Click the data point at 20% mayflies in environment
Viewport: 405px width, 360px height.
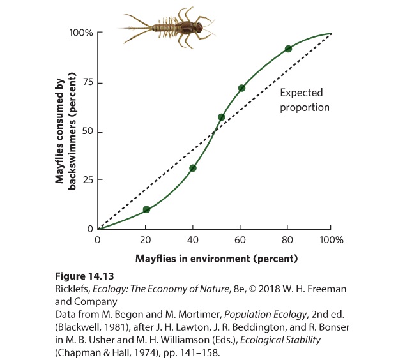146,209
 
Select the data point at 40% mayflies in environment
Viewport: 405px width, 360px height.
193,169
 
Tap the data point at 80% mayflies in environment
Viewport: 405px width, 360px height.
288,49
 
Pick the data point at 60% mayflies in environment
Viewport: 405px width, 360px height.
241,88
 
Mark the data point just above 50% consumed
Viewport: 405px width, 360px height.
222,117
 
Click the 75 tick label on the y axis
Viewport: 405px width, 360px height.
88,82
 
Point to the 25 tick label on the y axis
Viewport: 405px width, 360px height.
88,179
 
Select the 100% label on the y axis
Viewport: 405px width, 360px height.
81,33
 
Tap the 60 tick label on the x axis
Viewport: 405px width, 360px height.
240,240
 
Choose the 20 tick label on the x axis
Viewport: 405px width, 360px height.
146,240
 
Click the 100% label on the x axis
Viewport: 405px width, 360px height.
332,240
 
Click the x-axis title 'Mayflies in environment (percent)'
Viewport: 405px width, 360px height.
217,259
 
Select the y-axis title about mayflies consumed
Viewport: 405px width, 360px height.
65,131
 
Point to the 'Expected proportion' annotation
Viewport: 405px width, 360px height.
305,100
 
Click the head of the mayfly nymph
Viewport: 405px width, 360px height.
200,27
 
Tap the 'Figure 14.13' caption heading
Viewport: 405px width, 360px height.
84,276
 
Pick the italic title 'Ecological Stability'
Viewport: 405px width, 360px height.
280,340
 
